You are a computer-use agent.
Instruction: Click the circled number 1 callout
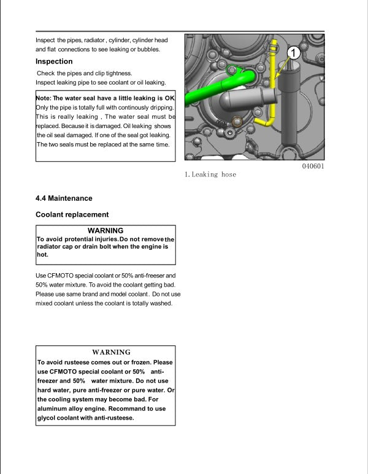coord(293,53)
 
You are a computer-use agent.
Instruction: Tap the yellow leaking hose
coord(272,98)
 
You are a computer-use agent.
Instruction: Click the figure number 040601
coord(313,167)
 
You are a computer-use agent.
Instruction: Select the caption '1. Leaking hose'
coord(210,175)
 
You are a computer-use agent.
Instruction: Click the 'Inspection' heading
coord(54,61)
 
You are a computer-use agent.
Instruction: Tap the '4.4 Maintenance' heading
coord(64,198)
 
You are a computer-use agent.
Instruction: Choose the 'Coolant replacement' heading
coord(72,214)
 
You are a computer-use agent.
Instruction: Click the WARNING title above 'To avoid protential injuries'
coord(106,230)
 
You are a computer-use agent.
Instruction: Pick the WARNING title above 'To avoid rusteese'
coord(111,352)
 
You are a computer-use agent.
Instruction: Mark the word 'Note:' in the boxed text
coord(44,98)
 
